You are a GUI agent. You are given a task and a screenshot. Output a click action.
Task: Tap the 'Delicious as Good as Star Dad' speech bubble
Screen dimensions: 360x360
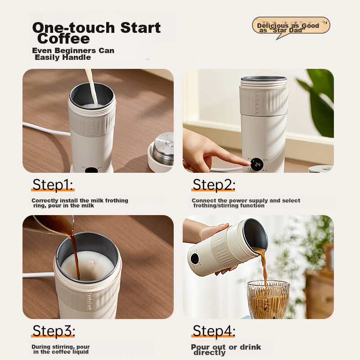290,27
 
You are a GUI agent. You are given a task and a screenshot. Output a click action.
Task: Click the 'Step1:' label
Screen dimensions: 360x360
53,185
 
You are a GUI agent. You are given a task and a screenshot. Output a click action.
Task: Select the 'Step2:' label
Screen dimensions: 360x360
214,185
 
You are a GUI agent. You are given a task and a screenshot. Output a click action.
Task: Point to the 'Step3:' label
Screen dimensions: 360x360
53,331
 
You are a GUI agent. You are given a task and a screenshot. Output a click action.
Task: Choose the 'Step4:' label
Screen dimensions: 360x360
214,331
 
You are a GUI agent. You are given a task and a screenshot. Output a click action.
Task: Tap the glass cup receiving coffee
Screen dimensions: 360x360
268,299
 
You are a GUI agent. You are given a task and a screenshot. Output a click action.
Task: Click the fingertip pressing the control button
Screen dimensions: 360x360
246,161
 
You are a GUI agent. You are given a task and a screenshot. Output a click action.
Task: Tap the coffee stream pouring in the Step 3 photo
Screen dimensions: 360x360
75,252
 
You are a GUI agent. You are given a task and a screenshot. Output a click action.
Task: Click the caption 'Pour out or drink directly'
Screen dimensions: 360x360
226,350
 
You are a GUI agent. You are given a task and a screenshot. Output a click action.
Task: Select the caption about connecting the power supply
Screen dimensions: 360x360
246,203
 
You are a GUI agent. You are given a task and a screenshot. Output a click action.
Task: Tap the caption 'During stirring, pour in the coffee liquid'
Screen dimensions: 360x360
61,349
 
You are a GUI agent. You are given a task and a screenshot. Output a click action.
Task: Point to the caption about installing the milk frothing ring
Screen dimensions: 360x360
80,203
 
